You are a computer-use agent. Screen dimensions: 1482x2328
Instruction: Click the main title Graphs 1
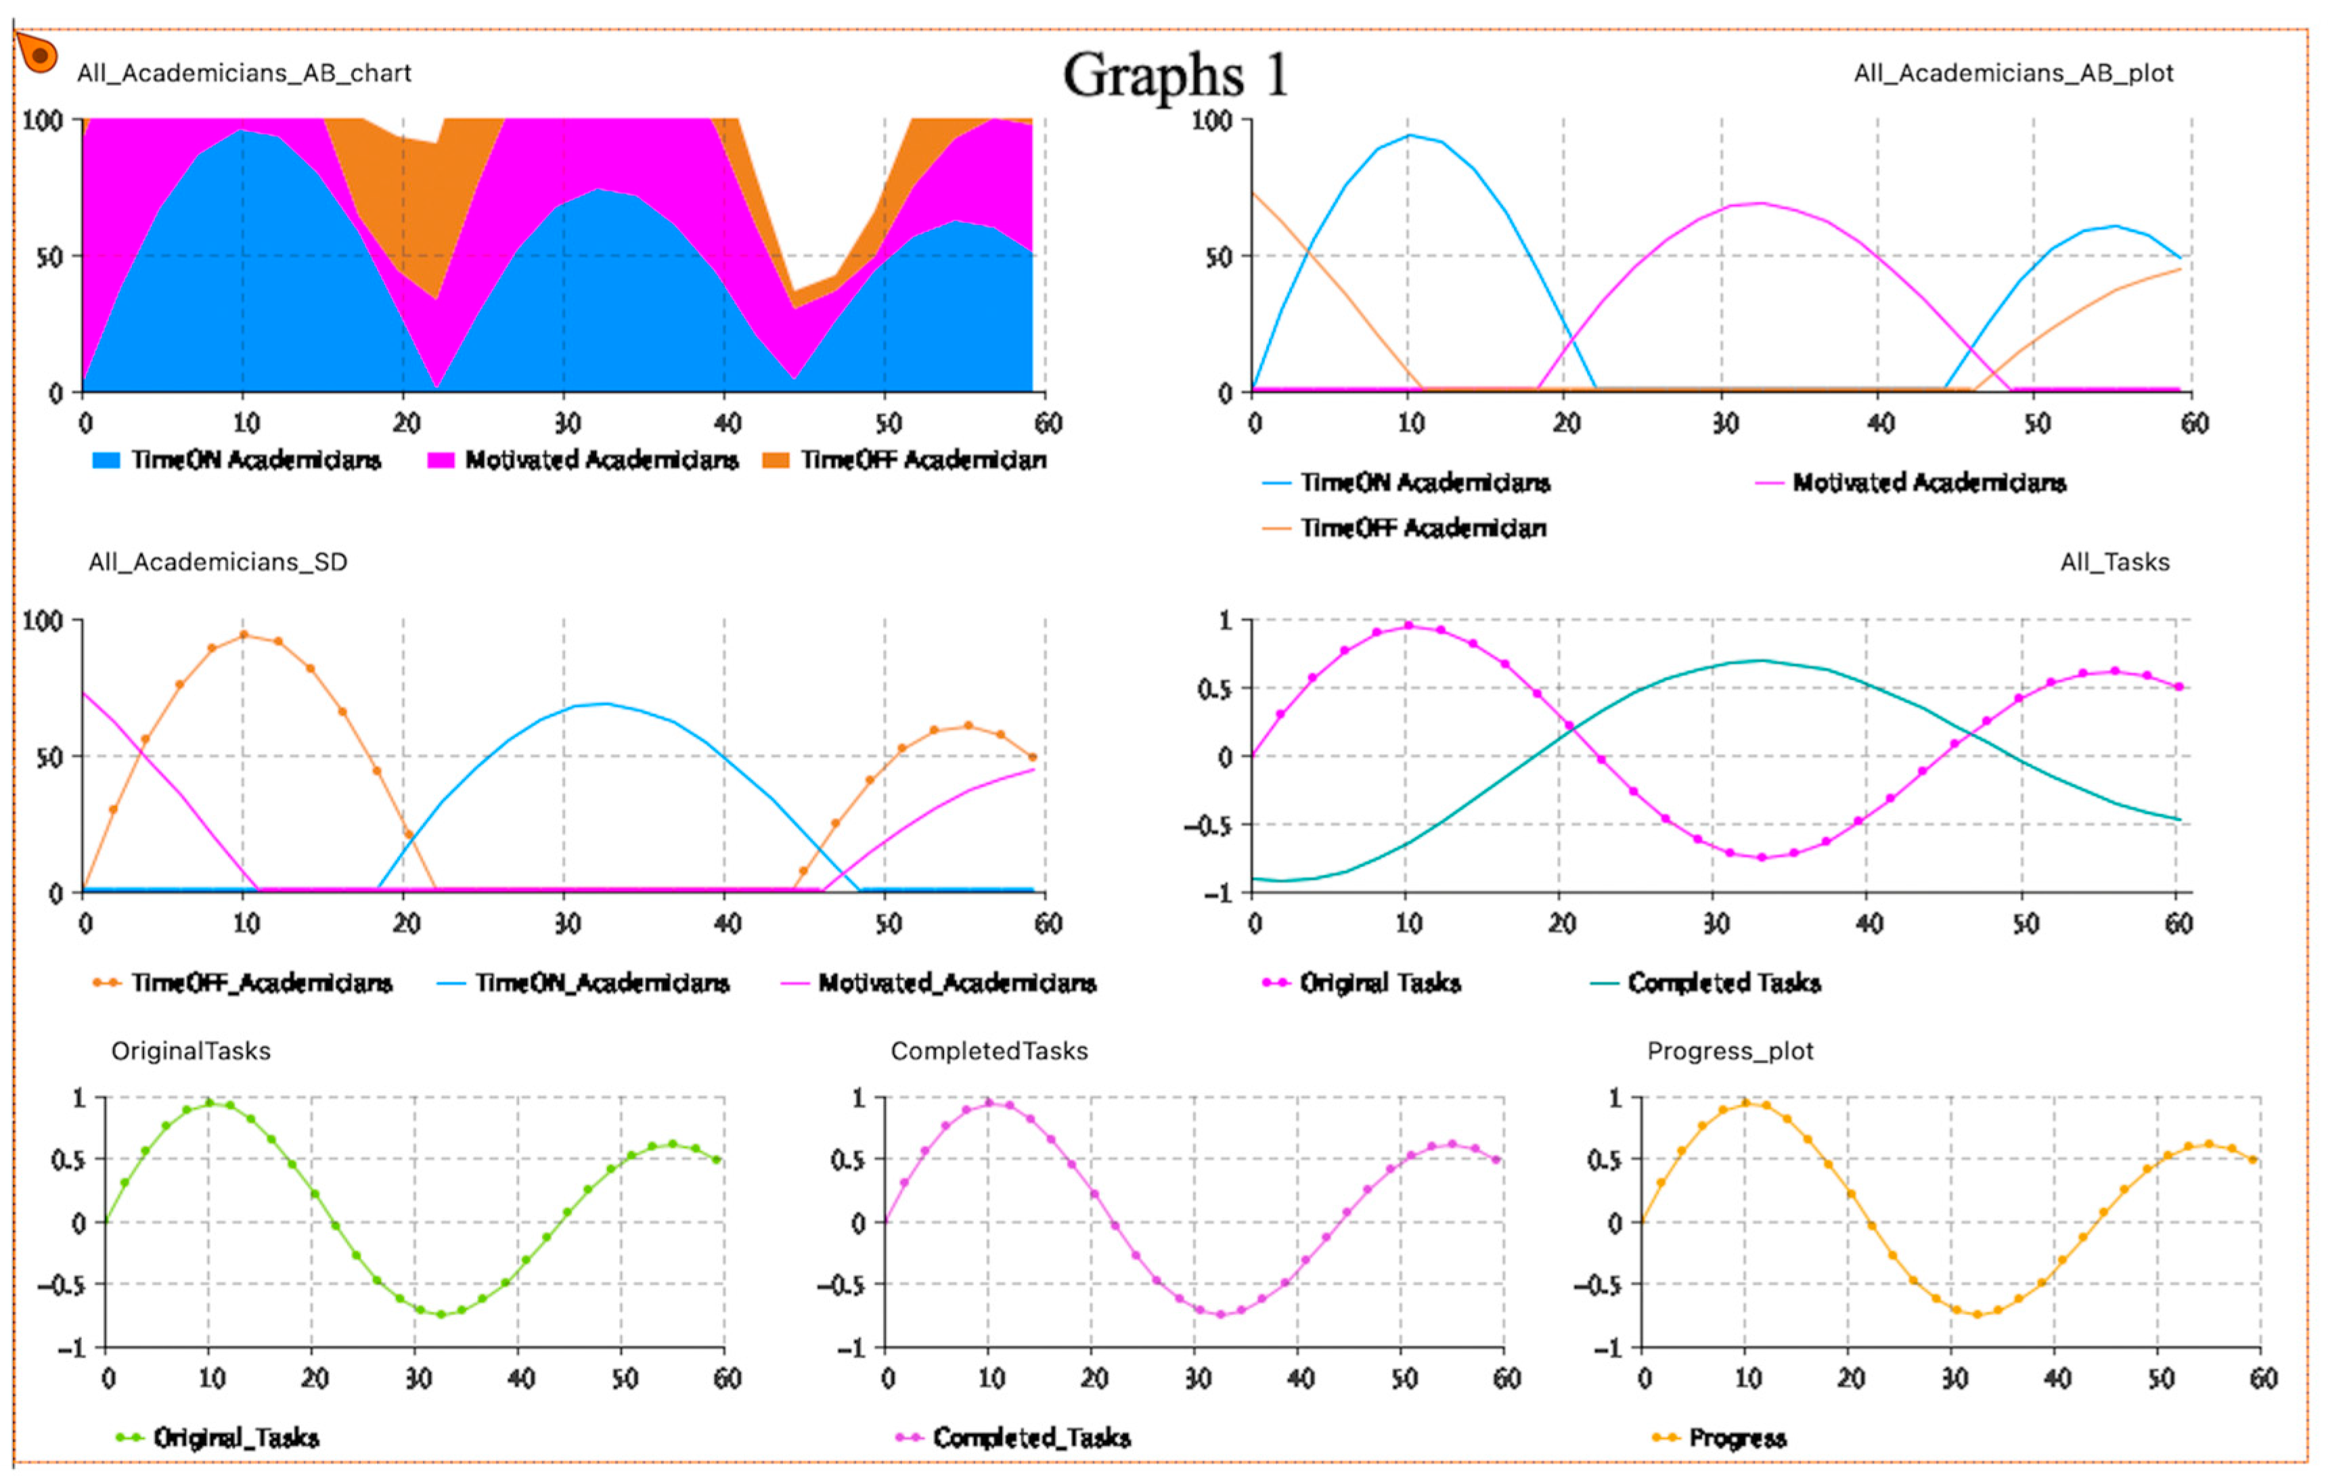1175,75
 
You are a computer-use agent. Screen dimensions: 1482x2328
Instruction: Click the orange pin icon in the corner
38,54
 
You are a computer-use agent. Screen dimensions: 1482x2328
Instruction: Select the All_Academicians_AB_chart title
244,74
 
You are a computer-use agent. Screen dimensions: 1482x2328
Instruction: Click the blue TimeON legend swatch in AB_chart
106,460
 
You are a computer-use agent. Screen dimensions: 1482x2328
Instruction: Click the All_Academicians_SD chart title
217,562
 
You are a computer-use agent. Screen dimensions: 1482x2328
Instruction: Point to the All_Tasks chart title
2114,562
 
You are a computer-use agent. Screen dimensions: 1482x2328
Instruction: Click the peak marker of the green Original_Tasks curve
209,1103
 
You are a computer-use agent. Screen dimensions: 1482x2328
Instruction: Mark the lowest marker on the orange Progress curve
1976,1315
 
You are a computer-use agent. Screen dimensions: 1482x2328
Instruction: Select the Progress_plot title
1730,1052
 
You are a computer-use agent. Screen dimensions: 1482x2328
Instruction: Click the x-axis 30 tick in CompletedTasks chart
1197,1378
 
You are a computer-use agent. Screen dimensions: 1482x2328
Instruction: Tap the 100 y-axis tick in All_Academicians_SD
43,621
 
